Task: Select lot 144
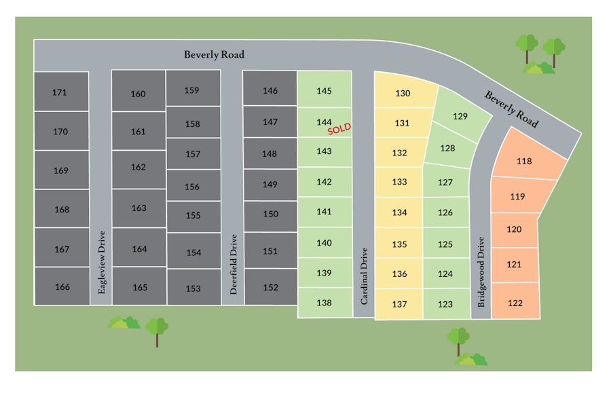[x=324, y=122]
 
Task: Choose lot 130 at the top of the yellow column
[x=403, y=94]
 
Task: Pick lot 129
[x=460, y=117]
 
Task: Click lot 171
[x=60, y=92]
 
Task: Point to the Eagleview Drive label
[x=102, y=262]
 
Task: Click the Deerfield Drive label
[x=233, y=264]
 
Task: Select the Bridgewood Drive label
[x=481, y=272]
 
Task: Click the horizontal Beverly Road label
[x=214, y=54]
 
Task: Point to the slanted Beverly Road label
[x=511, y=109]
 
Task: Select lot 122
[x=515, y=303]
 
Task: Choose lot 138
[x=325, y=303]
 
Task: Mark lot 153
[x=193, y=288]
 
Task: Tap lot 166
[x=62, y=287]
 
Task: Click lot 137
[x=399, y=304]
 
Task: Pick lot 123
[x=445, y=304]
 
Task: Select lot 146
[x=270, y=90]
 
